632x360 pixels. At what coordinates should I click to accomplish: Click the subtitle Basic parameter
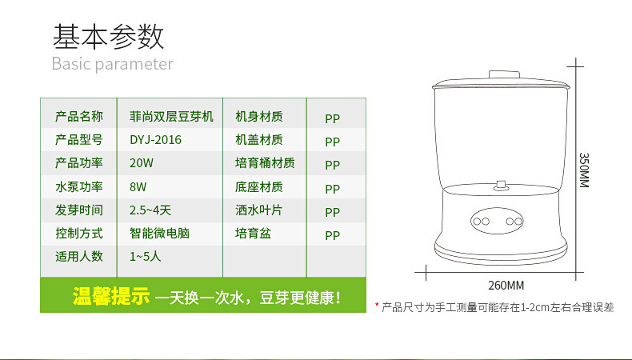tap(112, 64)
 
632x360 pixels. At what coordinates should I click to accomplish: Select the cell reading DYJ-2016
tap(155, 140)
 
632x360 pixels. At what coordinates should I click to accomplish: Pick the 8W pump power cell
tap(138, 187)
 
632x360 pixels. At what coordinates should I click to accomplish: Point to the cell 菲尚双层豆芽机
tap(171, 117)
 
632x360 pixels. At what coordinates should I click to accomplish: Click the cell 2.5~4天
tap(150, 211)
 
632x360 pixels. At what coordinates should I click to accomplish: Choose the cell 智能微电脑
tap(159, 234)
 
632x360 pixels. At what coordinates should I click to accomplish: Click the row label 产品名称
tap(79, 117)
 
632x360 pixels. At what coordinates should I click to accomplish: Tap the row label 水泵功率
tap(79, 187)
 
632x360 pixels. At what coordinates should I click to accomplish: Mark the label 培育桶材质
tap(265, 163)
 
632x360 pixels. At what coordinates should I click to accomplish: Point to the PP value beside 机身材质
tap(333, 118)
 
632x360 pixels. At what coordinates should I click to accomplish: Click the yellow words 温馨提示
tap(111, 297)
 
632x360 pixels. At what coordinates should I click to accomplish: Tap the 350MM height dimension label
tap(584, 170)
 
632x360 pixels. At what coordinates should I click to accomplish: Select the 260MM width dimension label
tap(506, 286)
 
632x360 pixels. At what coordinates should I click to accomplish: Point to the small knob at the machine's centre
tap(502, 186)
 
